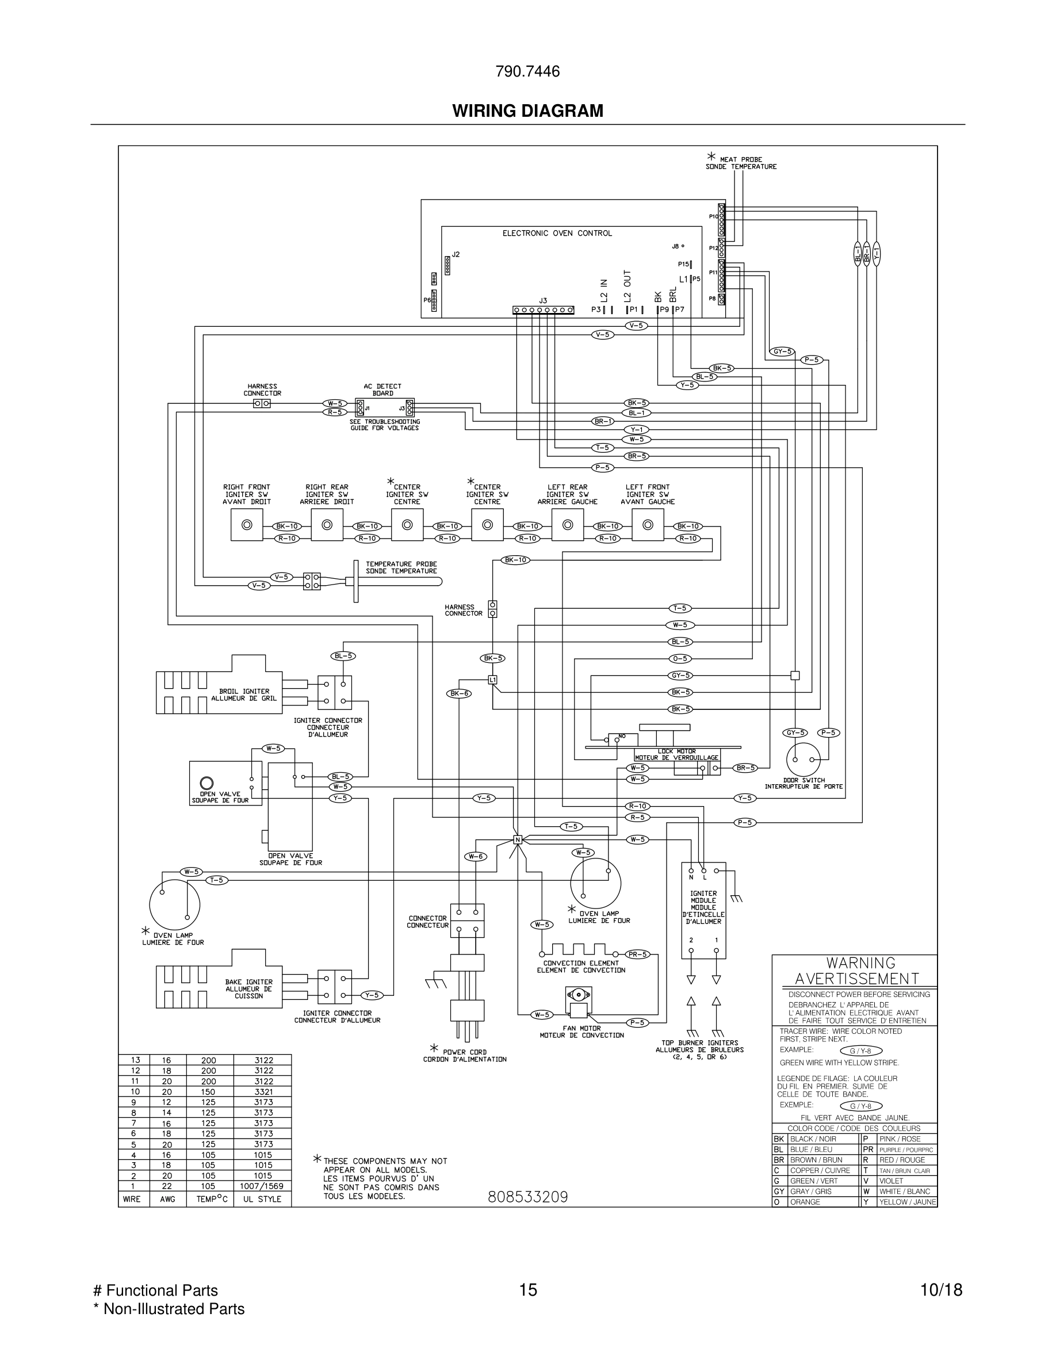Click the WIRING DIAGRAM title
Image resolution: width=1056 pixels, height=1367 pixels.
click(x=527, y=111)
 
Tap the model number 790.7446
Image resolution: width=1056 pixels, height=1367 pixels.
click(x=527, y=72)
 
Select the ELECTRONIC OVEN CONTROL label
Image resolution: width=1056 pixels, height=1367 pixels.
click(x=557, y=234)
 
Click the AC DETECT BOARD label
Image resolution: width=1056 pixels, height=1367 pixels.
click(x=382, y=390)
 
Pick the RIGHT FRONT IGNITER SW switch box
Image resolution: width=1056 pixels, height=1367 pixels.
click(x=247, y=525)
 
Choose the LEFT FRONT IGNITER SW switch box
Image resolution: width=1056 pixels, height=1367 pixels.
click(x=648, y=525)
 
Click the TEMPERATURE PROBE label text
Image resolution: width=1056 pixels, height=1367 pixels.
click(x=401, y=568)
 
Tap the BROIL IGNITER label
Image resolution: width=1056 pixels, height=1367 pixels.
click(x=244, y=695)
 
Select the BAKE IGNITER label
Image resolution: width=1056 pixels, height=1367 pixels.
click(x=248, y=989)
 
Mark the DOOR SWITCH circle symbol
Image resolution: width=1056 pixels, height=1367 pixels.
click(x=802, y=759)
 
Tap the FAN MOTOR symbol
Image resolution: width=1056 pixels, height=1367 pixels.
click(x=578, y=1002)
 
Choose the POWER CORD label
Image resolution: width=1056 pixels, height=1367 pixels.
click(x=464, y=1055)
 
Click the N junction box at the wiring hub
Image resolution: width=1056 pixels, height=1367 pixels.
click(x=518, y=839)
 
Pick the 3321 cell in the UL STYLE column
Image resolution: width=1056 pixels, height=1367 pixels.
click(x=263, y=1091)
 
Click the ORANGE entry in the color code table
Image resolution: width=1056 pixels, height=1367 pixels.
click(x=805, y=1202)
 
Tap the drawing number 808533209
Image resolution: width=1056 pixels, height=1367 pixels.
click(x=527, y=1197)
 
